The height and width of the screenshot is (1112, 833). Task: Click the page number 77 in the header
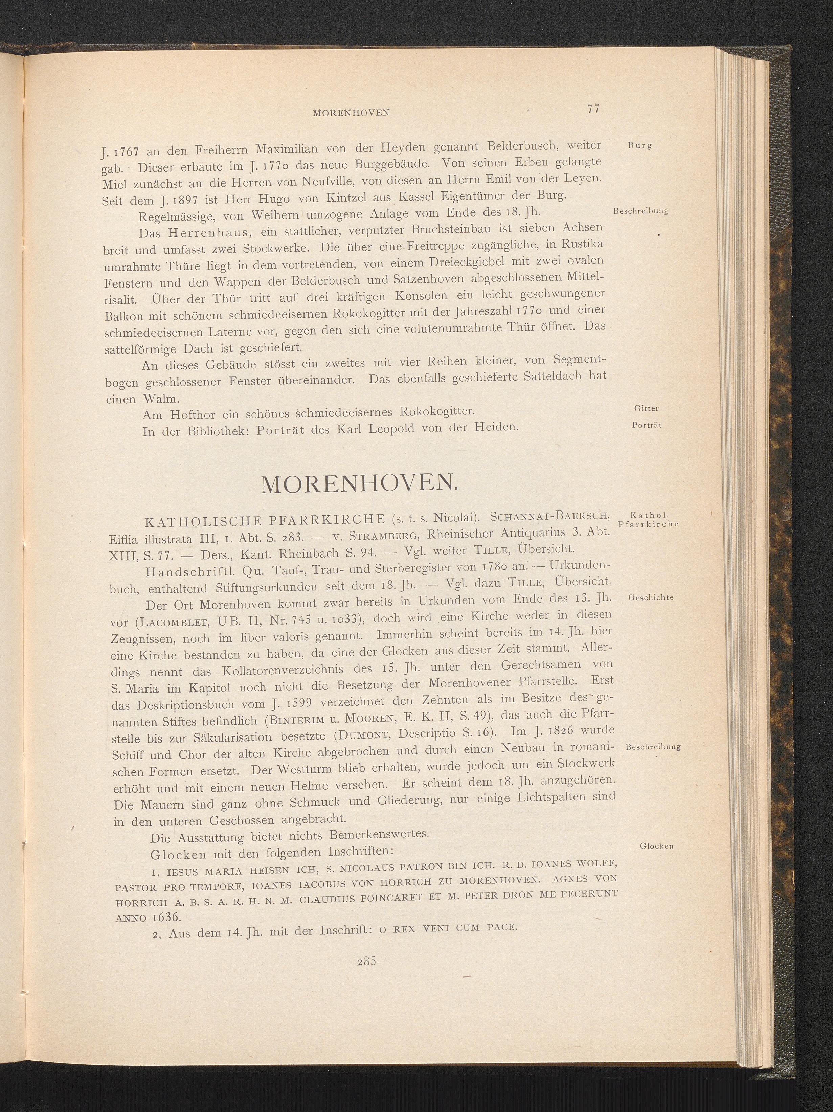[x=593, y=109]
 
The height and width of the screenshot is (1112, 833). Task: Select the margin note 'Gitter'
[x=647, y=409]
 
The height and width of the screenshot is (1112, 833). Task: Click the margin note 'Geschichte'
[x=651, y=598]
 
